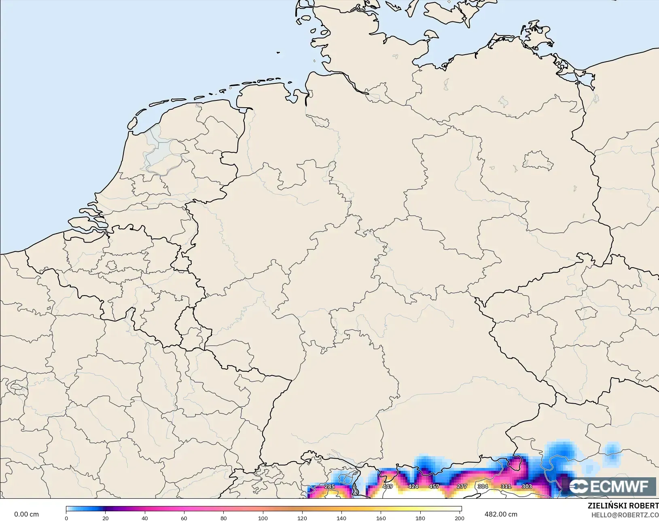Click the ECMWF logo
coord(608,486)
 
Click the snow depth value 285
coord(330,486)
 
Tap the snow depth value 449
coord(388,486)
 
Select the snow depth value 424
coord(413,486)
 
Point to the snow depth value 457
coord(434,486)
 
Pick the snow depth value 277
coord(462,486)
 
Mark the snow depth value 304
coord(483,486)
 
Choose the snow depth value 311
coord(506,486)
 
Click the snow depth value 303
coord(527,486)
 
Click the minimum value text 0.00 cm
coord(27,514)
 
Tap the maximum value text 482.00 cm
coord(501,514)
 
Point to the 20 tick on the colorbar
coord(106,518)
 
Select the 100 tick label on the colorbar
coord(263,518)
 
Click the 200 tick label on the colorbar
coord(460,518)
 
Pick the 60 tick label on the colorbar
coord(184,518)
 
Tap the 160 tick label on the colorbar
coord(381,518)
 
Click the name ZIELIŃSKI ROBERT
coord(623,506)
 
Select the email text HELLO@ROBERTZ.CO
coord(625,515)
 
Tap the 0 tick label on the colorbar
coord(66,518)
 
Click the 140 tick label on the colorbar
coord(341,518)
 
